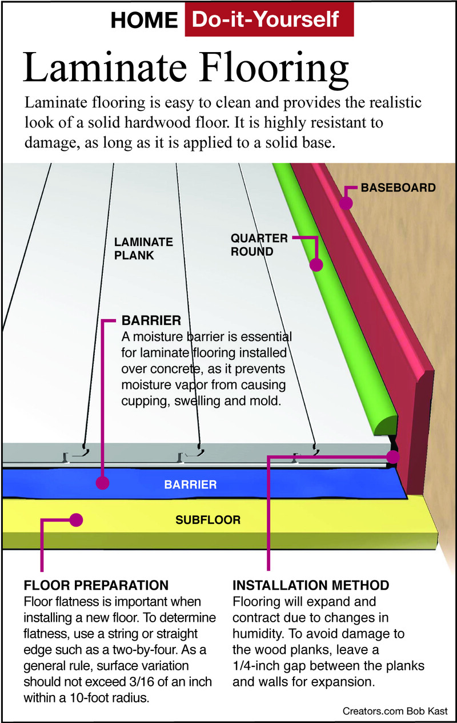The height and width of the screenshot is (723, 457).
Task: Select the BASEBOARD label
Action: tap(398, 187)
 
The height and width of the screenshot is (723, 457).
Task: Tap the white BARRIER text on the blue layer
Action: tap(190, 485)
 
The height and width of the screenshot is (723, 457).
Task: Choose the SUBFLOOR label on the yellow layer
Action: tap(208, 521)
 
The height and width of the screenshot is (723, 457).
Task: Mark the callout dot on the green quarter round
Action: tap(316, 264)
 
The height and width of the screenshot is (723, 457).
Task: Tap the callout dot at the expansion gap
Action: tap(392, 457)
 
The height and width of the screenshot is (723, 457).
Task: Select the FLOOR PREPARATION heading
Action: tap(96, 586)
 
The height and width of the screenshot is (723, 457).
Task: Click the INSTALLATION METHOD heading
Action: tap(311, 586)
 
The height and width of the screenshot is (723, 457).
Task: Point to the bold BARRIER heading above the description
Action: tap(151, 320)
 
